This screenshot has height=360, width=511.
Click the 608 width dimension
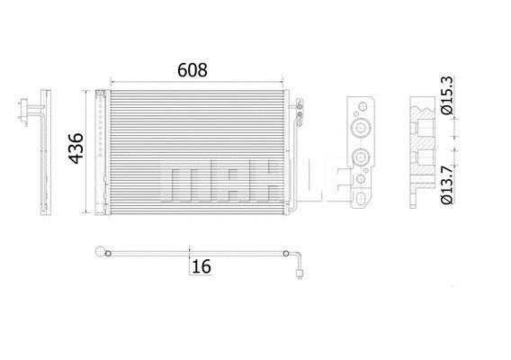(x=192, y=70)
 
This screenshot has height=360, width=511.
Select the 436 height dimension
(x=76, y=150)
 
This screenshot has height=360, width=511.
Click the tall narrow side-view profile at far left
(x=43, y=153)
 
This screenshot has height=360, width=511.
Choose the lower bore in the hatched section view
(x=421, y=164)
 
